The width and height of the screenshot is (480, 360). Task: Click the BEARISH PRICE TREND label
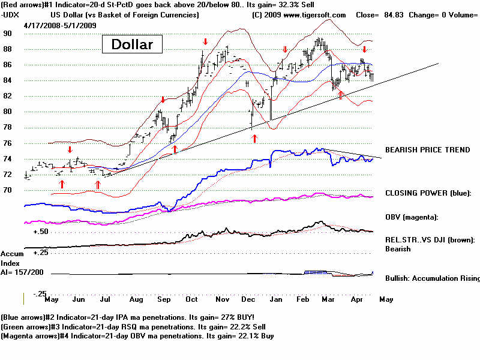pos(427,149)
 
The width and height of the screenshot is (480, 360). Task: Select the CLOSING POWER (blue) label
pos(428,193)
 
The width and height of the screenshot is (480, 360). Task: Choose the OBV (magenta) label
pos(413,217)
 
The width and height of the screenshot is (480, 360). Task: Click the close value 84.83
pos(397,14)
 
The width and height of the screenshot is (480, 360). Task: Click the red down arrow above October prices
pos(205,41)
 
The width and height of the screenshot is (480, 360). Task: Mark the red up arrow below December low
pos(254,139)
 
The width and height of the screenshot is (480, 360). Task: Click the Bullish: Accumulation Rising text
pos(432,278)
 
